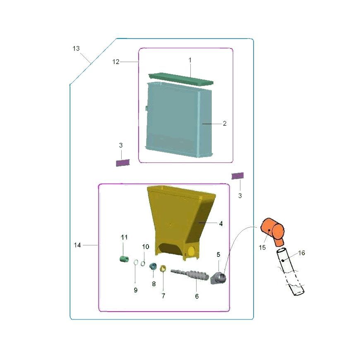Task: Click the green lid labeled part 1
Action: point(181,79)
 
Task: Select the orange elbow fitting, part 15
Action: point(273,231)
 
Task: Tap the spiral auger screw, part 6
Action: point(190,275)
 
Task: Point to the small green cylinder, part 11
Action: point(124,259)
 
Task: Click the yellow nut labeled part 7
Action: point(163,268)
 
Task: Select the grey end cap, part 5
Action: point(219,278)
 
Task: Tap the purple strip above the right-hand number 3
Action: point(238,176)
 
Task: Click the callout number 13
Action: point(76,48)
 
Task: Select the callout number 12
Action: point(116,62)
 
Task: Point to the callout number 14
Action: point(77,245)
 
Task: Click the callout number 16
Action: point(302,253)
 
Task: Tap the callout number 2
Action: point(225,124)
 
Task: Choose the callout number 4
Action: point(221,223)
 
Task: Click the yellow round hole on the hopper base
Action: point(191,252)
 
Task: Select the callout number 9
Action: point(136,290)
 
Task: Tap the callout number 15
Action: point(262,247)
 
